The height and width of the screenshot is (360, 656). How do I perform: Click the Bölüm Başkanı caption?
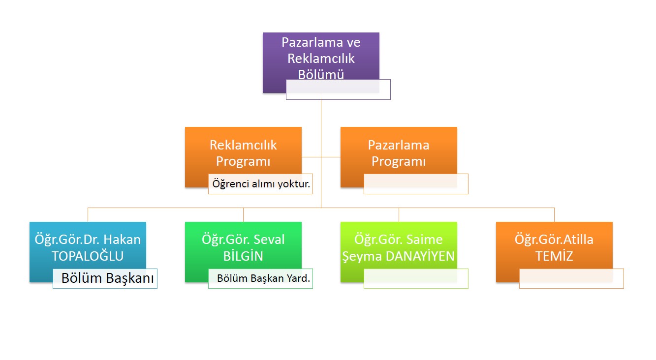click(107, 279)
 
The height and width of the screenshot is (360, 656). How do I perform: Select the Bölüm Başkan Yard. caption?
click(263, 279)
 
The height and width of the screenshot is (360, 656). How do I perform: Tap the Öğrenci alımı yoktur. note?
click(261, 184)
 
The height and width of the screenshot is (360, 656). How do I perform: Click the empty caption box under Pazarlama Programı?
click(416, 184)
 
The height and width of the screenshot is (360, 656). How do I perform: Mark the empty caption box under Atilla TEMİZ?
click(571, 279)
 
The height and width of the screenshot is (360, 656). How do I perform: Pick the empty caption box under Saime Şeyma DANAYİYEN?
click(416, 279)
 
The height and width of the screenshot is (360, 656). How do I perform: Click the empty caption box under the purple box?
click(338, 90)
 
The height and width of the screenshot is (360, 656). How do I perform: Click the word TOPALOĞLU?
click(88, 256)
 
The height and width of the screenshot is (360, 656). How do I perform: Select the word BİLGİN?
click(243, 256)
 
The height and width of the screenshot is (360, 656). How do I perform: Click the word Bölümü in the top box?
click(321, 75)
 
